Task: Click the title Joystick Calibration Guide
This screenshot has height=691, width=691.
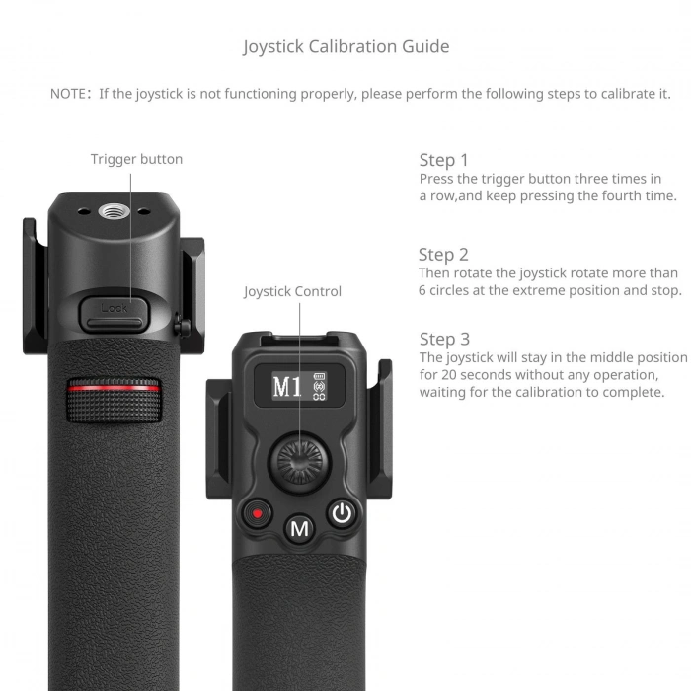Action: (x=345, y=46)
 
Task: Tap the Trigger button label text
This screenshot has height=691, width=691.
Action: (x=136, y=159)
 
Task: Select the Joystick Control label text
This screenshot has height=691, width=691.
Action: (x=292, y=291)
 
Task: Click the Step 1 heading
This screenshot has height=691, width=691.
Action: (x=443, y=160)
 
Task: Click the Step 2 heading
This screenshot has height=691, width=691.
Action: (x=443, y=255)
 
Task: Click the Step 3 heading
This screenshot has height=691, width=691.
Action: (x=443, y=340)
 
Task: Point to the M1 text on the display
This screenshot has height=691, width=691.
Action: (x=286, y=386)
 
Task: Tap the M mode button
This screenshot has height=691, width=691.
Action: (x=299, y=529)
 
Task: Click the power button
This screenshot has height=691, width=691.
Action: (x=342, y=513)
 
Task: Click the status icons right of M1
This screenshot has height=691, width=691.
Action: (x=319, y=386)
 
